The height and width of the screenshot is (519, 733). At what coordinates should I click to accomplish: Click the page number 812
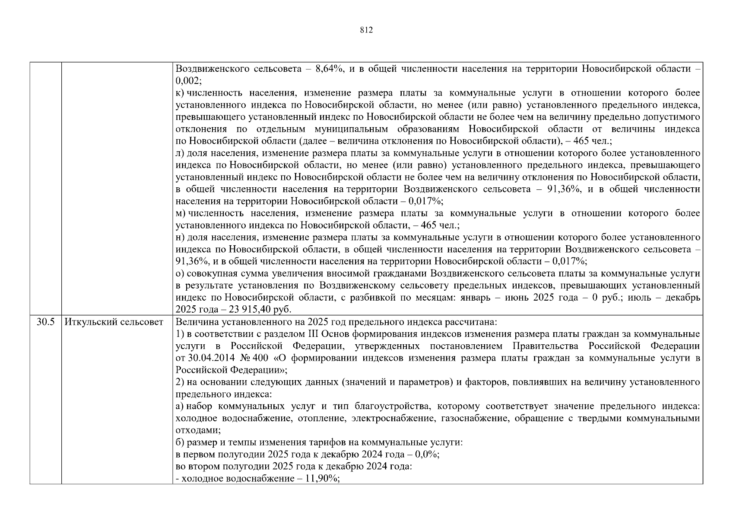(x=366, y=30)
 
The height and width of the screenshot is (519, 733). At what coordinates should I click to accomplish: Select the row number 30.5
(x=45, y=322)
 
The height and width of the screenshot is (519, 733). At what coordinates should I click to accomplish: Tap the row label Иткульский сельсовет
(x=114, y=322)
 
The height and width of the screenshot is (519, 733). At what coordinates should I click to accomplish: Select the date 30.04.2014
(x=208, y=358)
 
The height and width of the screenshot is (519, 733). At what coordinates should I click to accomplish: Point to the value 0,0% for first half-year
(x=426, y=455)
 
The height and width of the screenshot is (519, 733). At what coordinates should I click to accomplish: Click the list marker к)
(x=180, y=93)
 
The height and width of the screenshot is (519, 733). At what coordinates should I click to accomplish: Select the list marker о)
(x=180, y=274)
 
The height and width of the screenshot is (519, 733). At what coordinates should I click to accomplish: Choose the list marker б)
(x=180, y=442)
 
